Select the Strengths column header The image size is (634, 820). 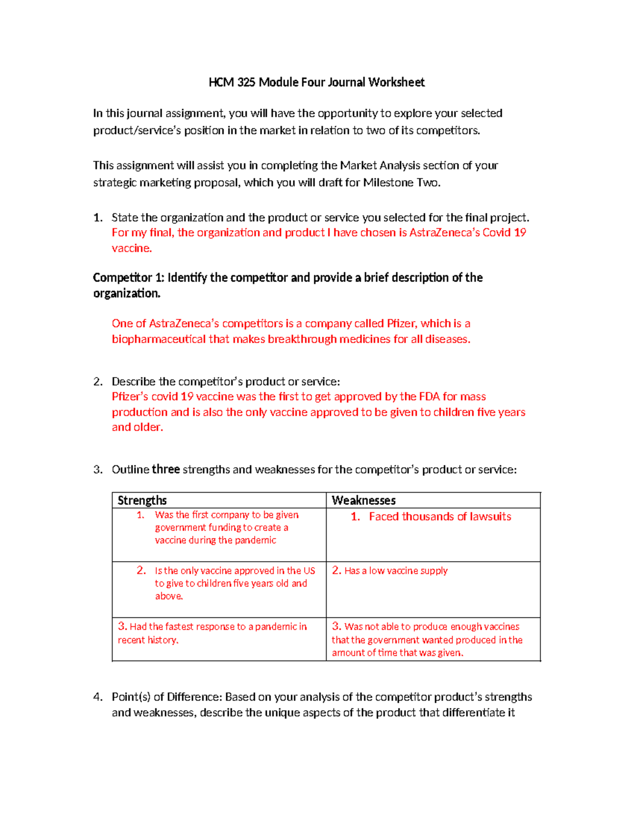[142, 500]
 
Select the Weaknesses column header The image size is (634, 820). [363, 500]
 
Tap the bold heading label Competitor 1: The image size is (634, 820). [128, 278]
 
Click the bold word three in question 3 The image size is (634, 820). [166, 469]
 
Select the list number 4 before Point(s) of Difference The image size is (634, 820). [97, 697]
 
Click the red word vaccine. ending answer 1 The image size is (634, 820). [132, 248]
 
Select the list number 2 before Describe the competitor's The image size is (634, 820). [97, 382]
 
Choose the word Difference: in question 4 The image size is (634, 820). [195, 697]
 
